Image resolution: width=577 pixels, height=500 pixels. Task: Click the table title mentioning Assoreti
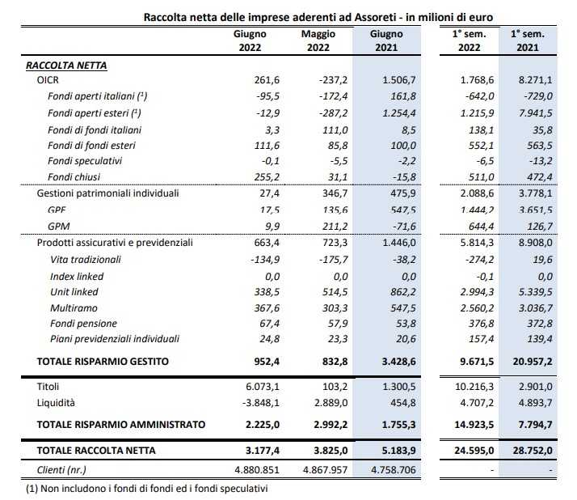point(318,16)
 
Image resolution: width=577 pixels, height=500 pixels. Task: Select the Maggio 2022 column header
point(318,40)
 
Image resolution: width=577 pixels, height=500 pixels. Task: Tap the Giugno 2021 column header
point(386,40)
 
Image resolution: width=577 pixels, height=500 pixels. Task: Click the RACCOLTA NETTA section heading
point(66,66)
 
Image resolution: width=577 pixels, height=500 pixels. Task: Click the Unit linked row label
point(74,291)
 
